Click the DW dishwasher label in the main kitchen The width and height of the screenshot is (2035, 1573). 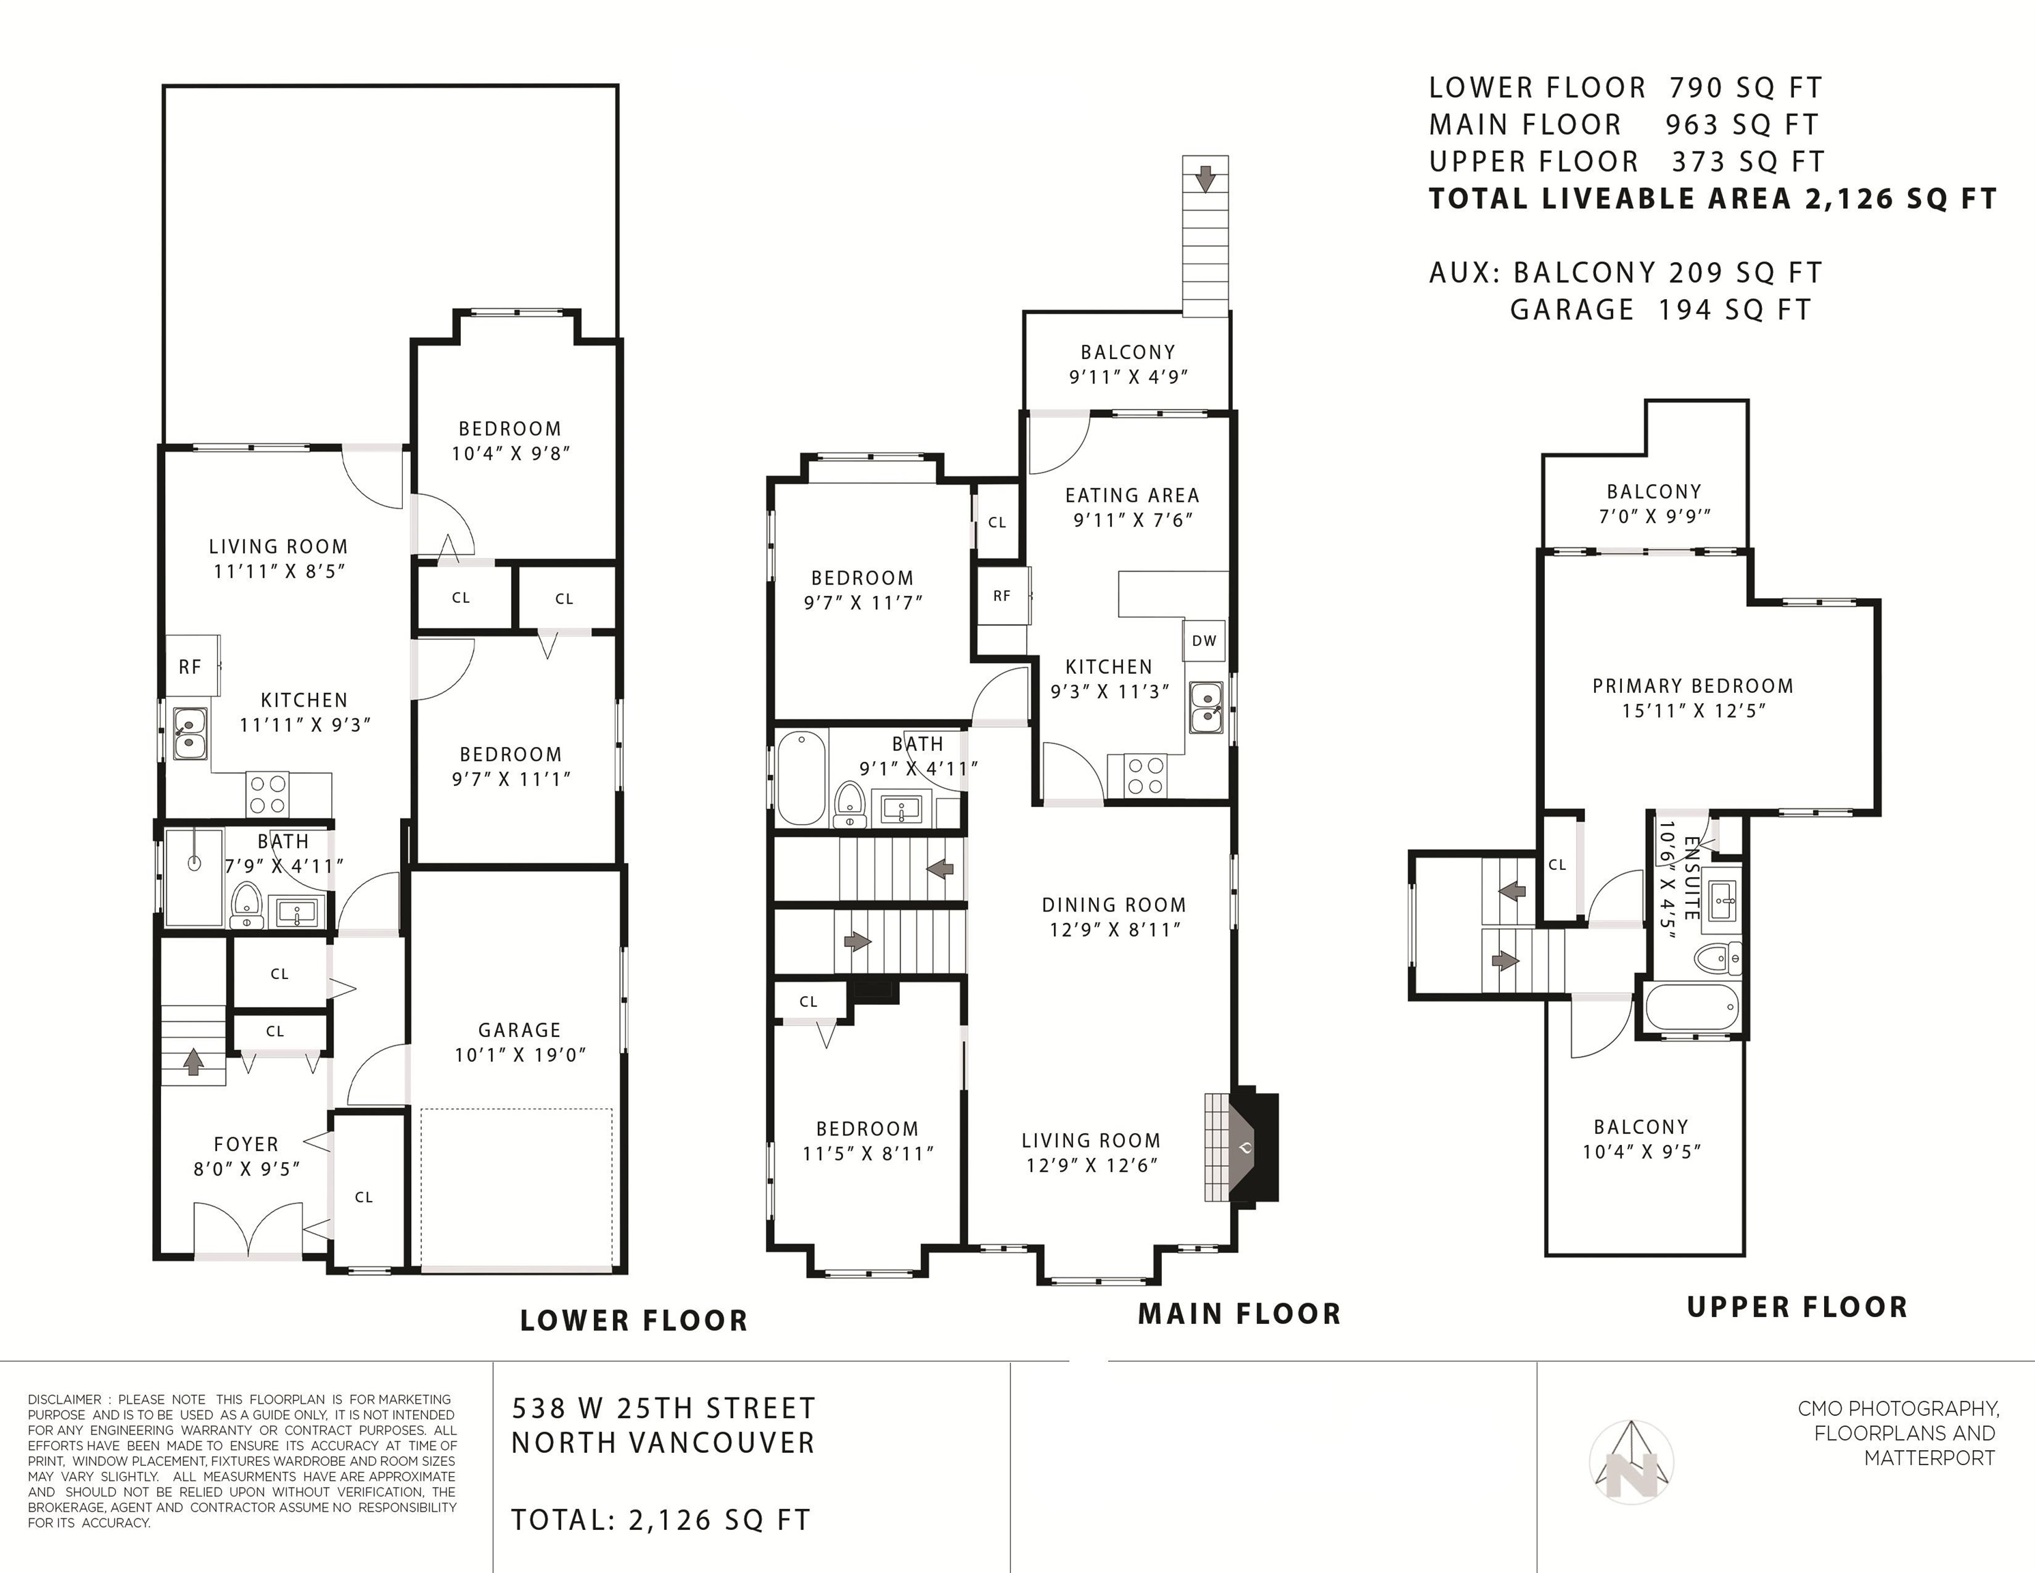pos(1204,640)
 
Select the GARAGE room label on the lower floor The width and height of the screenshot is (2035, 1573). pos(519,1030)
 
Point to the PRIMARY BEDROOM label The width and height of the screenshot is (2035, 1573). pos(1692,686)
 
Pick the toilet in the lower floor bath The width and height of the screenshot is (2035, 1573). pos(246,905)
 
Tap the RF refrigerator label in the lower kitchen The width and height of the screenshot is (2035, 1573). pos(190,666)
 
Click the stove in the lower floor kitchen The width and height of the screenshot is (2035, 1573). pos(268,795)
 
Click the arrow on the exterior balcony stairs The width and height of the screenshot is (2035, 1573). pos(1206,178)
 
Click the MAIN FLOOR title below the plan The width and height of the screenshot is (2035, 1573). pos(1239,1314)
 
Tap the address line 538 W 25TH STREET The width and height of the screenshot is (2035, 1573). pos(664,1408)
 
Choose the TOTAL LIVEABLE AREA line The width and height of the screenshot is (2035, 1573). pos(1713,199)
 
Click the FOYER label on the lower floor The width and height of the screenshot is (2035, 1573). pos(246,1144)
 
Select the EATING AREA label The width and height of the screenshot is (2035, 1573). pos(1132,496)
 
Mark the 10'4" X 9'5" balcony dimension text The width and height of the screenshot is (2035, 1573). pos(1641,1152)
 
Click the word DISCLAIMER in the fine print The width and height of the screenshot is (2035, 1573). pos(64,1400)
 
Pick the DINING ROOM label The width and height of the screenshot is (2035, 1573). pos(1113,905)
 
